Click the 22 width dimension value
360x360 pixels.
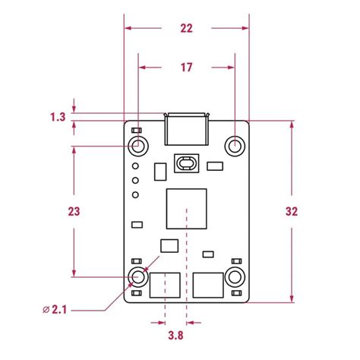pos(186,28)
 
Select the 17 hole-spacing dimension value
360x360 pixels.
pos(186,68)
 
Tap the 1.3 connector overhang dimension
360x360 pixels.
pos(58,117)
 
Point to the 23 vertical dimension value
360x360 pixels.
pos(74,211)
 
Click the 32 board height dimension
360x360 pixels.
pos(292,211)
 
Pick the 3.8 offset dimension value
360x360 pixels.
pos(175,336)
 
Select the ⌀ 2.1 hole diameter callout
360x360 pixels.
pos(55,310)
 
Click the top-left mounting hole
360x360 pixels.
pos(138,146)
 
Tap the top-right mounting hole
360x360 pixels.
pos(235,146)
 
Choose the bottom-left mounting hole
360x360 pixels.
pos(138,277)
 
